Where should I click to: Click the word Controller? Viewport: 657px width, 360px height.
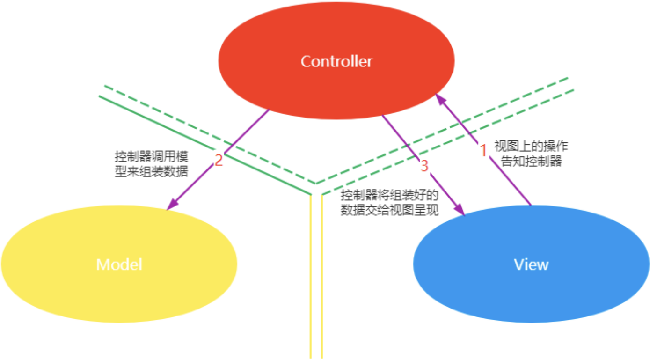[x=336, y=61]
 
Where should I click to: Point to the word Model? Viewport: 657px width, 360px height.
[x=119, y=264]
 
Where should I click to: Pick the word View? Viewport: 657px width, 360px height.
[x=531, y=264]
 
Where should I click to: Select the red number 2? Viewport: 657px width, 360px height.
[x=219, y=161]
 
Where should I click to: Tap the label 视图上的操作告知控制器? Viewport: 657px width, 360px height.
[x=531, y=154]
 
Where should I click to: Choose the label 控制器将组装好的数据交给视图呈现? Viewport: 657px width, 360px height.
[x=389, y=203]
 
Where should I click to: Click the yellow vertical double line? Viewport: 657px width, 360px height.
[x=316, y=281]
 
